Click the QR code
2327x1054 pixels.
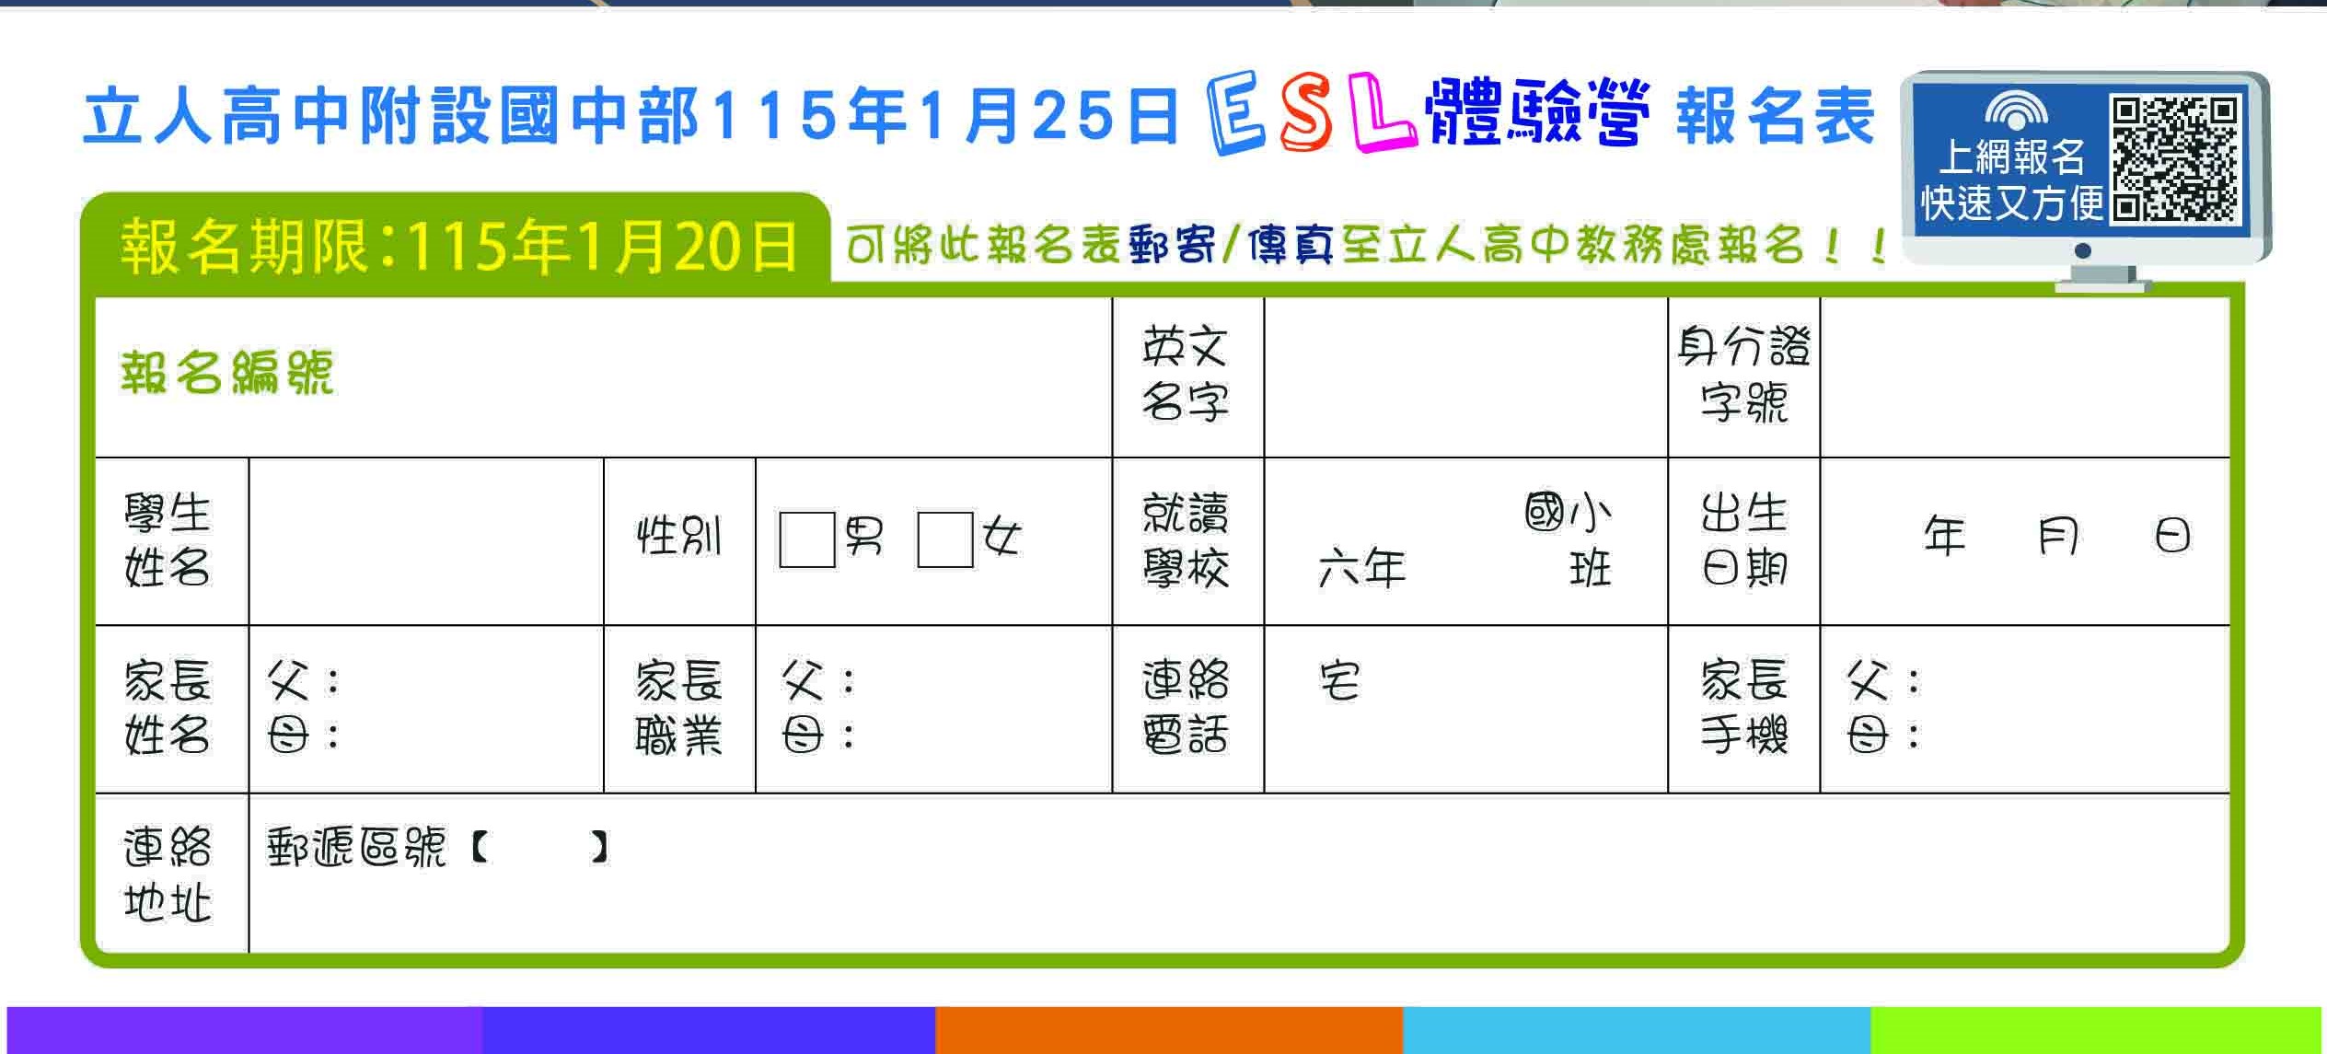point(2175,160)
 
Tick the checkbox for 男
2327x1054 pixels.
point(806,540)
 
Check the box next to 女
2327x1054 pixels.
point(944,540)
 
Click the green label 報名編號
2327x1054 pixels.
point(226,373)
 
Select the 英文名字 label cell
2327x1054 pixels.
point(1186,375)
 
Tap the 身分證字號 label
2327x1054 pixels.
point(1743,375)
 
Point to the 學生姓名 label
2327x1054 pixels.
point(168,540)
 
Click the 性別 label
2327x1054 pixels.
point(679,536)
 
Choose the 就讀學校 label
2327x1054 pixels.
point(1186,540)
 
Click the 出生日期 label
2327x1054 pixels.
point(1743,540)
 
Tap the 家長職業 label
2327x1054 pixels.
point(679,708)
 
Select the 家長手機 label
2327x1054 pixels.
point(1743,708)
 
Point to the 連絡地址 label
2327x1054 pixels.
point(168,874)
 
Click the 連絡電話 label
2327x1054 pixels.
point(1186,708)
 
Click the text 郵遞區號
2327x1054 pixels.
point(356,848)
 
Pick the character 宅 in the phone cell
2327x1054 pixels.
point(1339,681)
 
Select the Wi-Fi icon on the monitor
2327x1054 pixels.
point(2016,110)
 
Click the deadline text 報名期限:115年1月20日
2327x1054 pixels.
point(458,247)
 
